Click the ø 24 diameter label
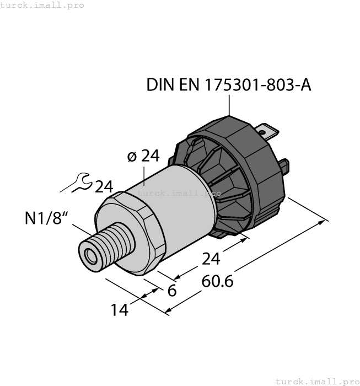(x=143, y=157)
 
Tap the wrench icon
(x=76, y=184)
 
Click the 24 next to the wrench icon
(x=104, y=187)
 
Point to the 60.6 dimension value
(x=218, y=281)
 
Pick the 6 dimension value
(x=172, y=291)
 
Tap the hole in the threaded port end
(x=88, y=254)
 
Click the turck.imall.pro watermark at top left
(x=42, y=5)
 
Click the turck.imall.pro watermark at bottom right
(x=317, y=381)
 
